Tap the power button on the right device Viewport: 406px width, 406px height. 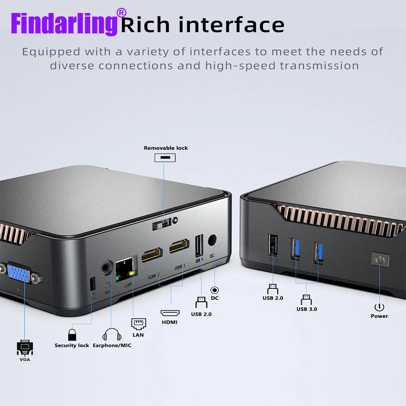tap(380, 260)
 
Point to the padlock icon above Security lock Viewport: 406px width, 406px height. tap(72, 335)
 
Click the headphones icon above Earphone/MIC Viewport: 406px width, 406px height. tap(112, 335)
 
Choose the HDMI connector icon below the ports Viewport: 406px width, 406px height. tap(170, 313)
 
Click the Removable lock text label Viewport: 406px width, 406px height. tap(166, 148)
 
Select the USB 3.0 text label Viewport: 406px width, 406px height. tap(307, 309)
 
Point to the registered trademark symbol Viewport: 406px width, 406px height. tap(121, 13)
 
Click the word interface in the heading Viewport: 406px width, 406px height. tap(232, 25)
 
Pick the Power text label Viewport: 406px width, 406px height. tap(379, 316)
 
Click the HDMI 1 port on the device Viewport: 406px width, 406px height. tap(179, 246)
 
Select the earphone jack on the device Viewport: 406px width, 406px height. tap(108, 267)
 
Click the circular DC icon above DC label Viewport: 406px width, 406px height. tap(214, 290)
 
